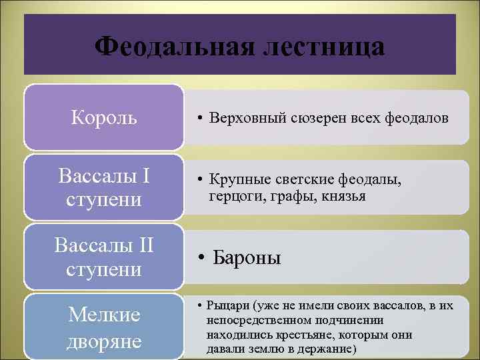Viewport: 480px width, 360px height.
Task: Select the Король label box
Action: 104,118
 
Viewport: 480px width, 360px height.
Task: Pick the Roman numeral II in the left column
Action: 145,245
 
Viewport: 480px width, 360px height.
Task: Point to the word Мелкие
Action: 104,315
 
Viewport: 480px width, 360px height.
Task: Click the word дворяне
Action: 104,341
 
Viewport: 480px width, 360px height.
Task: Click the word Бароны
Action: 247,258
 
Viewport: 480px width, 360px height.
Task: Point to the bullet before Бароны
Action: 201,259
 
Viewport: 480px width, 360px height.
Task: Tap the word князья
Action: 340,197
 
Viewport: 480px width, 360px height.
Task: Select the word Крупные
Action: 239,179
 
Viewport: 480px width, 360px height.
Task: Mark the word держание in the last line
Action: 327,349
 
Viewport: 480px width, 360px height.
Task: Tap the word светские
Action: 305,179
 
